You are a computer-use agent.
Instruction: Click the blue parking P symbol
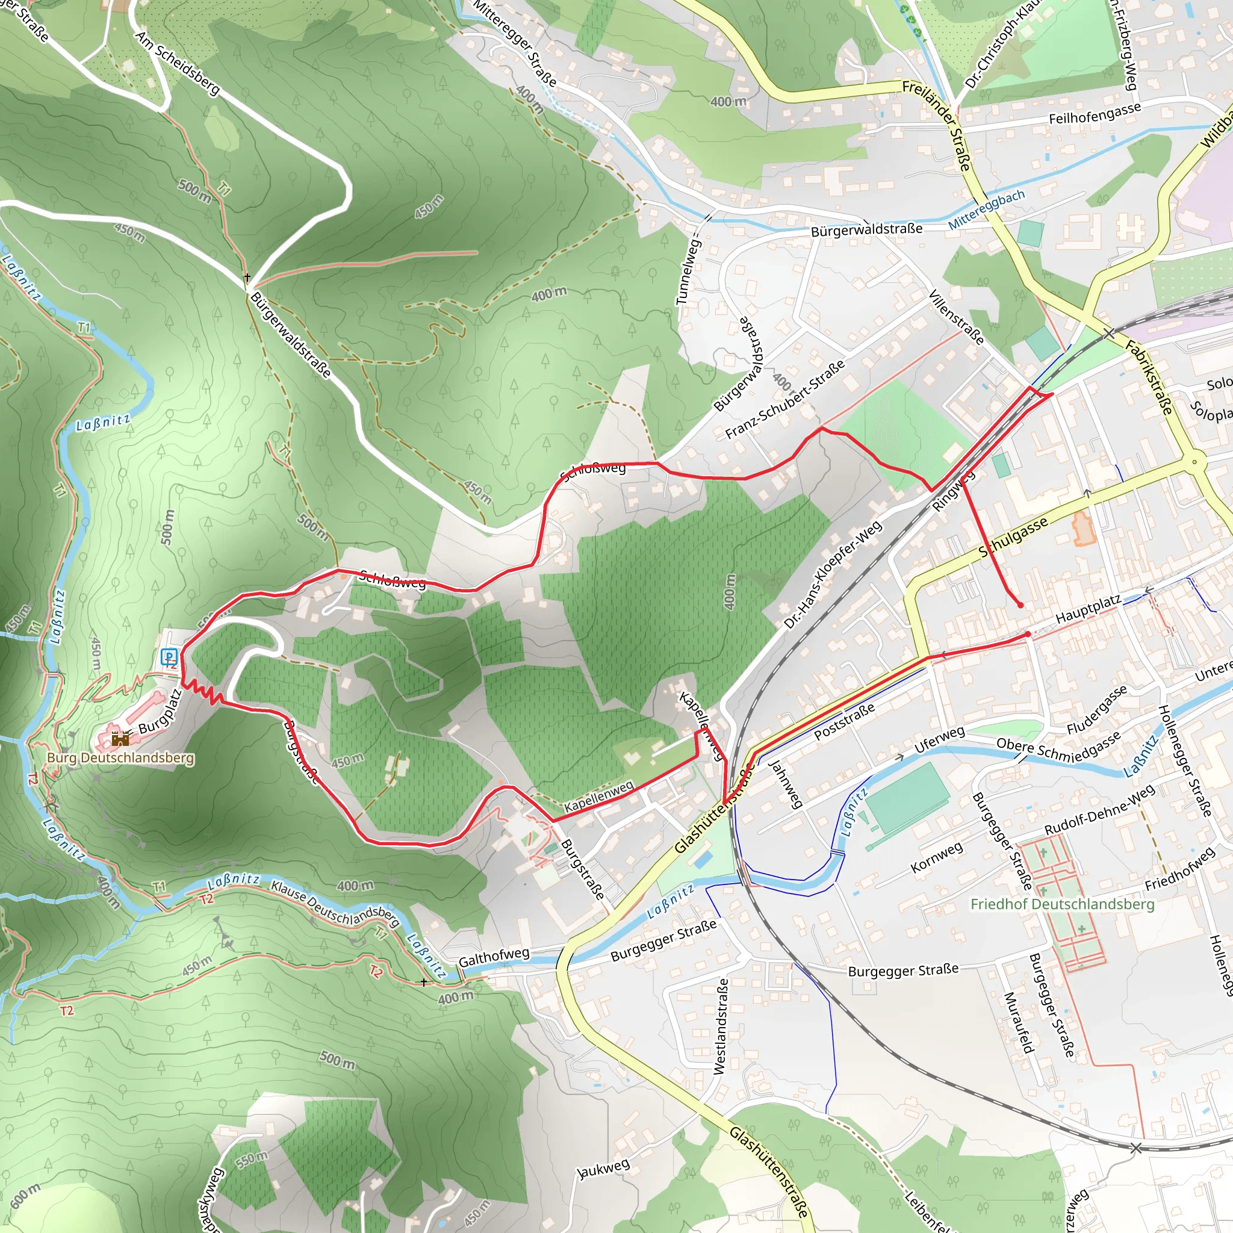pyautogui.click(x=169, y=656)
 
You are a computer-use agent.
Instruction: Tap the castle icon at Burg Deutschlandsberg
pyautogui.click(x=120, y=739)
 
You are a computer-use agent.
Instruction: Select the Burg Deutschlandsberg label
pyautogui.click(x=120, y=757)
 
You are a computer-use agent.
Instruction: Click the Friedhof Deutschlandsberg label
pyautogui.click(x=1062, y=904)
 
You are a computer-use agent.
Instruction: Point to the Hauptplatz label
pyautogui.click(x=1088, y=609)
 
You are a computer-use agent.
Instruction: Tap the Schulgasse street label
pyautogui.click(x=1013, y=536)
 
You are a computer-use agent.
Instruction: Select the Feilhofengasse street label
pyautogui.click(x=1095, y=114)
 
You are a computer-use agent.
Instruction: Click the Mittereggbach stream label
pyautogui.click(x=986, y=210)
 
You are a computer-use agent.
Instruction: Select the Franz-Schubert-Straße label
pyautogui.click(x=785, y=400)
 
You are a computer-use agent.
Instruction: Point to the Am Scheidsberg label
pyautogui.click(x=178, y=63)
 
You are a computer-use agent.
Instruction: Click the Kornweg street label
pyautogui.click(x=936, y=857)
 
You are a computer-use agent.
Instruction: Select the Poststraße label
pyautogui.click(x=843, y=722)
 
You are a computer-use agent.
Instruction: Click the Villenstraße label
pyautogui.click(x=955, y=317)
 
